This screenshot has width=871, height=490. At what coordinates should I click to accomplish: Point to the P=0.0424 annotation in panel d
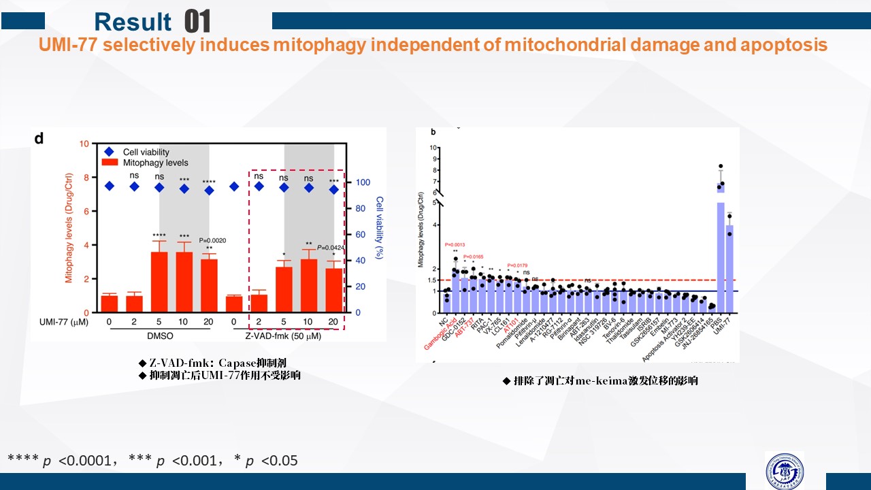[334, 247]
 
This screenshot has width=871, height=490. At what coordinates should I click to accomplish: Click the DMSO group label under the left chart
[159, 336]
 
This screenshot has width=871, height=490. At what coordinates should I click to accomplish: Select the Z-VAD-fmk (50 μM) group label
[283, 336]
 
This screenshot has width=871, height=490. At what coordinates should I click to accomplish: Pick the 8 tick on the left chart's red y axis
[85, 178]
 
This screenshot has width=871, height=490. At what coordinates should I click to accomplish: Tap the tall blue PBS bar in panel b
[720, 252]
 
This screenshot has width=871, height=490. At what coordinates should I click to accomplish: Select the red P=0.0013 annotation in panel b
[455, 245]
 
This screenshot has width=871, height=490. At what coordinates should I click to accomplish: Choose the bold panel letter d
[39, 138]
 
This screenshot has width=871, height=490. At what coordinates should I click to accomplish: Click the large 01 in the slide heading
[197, 22]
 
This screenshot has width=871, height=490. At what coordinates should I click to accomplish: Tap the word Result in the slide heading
[133, 22]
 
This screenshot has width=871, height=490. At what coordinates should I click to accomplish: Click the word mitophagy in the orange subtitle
[322, 46]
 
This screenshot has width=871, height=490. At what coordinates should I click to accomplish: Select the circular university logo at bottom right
[784, 470]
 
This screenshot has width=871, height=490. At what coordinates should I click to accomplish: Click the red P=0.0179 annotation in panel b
[518, 265]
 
